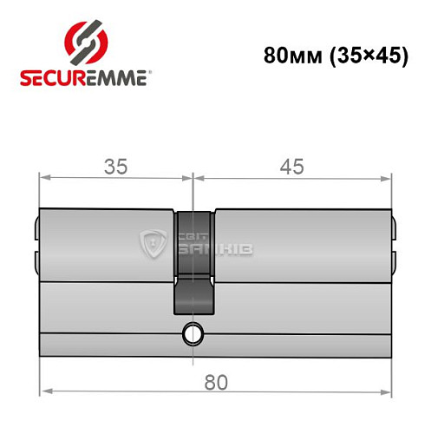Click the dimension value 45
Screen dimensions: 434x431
click(291, 166)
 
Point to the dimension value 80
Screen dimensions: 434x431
click(216, 378)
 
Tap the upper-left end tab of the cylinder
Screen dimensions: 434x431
click(36, 230)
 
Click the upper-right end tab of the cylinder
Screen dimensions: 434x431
click(394, 230)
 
